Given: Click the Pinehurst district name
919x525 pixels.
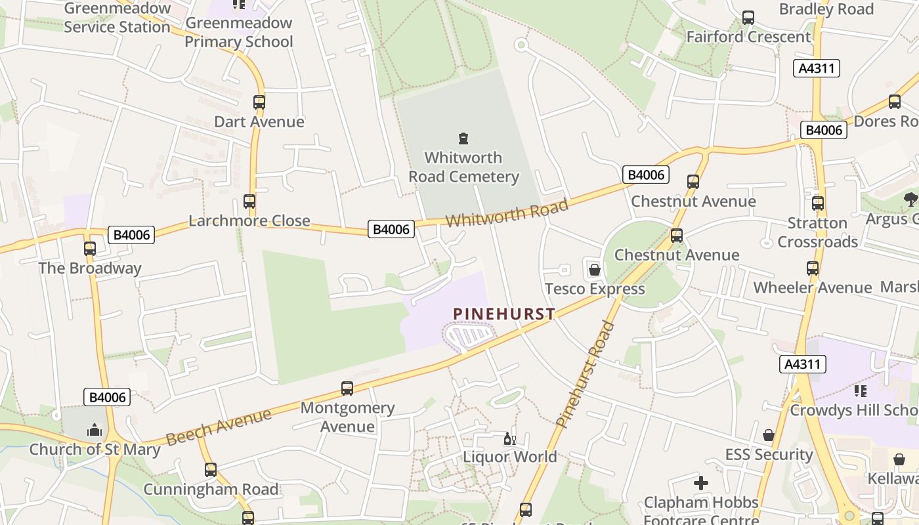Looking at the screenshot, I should click(504, 314).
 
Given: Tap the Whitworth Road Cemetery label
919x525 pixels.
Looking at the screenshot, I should click(463, 167).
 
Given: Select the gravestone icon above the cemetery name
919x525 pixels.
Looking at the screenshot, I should click(463, 138).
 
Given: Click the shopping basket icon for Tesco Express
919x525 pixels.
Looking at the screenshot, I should click(594, 270).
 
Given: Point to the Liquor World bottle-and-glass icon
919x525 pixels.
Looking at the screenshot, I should click(509, 438).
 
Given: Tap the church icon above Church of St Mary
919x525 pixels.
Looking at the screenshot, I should click(95, 430).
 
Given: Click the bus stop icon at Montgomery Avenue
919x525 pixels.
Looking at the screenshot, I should click(347, 388).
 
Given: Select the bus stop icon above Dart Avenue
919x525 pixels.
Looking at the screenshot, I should click(259, 102).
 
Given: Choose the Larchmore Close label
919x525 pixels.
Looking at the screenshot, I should click(249, 220).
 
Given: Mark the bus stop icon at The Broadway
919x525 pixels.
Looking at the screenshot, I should click(90, 249).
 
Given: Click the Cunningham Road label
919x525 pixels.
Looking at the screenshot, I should click(211, 489).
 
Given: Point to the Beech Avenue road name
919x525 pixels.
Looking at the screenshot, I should click(219, 427).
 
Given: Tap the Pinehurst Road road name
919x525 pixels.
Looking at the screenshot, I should click(585, 374).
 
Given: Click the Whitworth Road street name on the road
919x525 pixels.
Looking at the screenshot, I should click(507, 213).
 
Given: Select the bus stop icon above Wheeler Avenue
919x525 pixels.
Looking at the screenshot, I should click(813, 268).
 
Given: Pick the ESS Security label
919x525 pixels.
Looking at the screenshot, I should click(769, 454).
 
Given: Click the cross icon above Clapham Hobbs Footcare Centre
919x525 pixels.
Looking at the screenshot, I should click(701, 484).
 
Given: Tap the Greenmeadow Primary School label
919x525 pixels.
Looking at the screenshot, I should click(238, 32).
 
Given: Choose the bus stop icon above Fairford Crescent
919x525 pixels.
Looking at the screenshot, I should click(748, 18).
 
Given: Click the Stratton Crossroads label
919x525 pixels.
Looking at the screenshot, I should click(818, 232).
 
